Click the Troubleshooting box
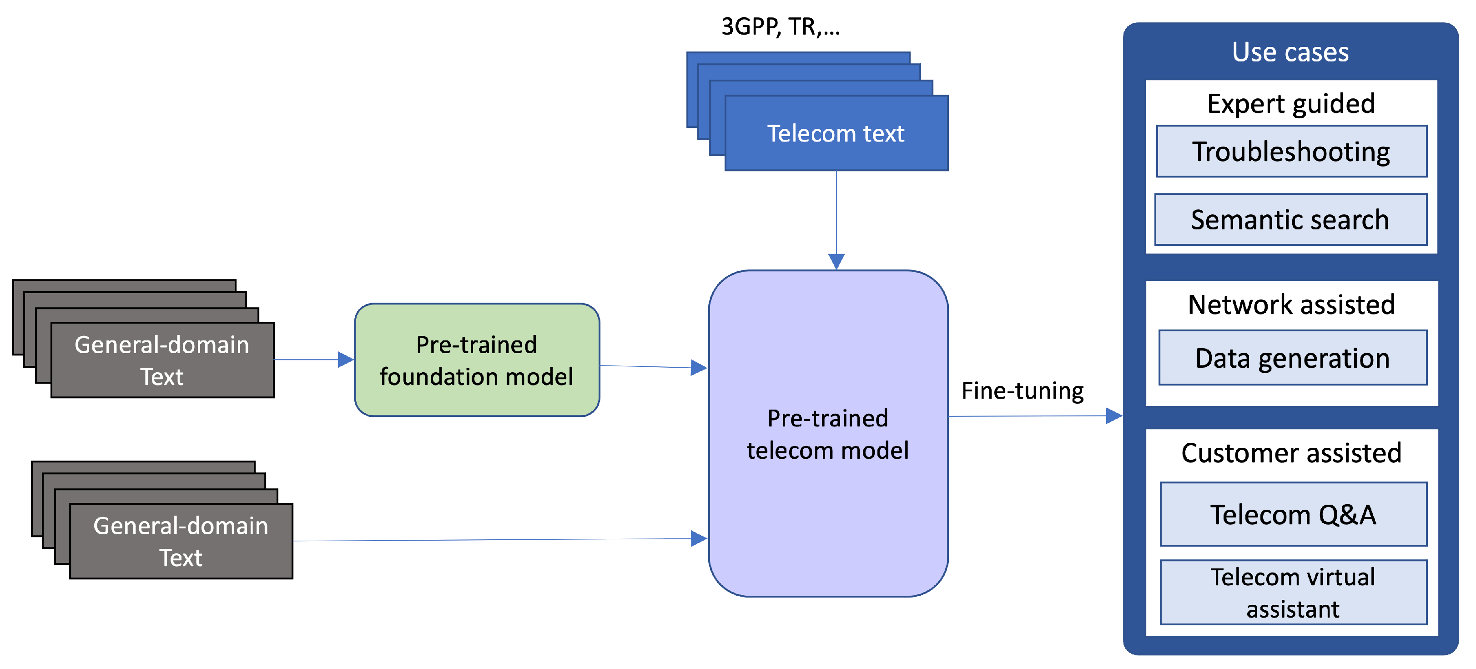tap(1291, 152)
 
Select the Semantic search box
tap(1290, 219)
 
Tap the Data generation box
tap(1292, 358)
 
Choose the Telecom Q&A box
tap(1293, 514)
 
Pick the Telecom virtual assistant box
tap(1293, 592)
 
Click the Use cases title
tap(1290, 52)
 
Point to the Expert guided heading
tap(1290, 104)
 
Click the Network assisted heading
tap(1291, 304)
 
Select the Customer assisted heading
tap(1291, 453)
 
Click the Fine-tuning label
tap(1022, 391)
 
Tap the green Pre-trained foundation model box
tap(477, 360)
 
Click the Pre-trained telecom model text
tap(827, 434)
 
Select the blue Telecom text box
tap(836, 133)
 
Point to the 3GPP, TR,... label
tap(781, 27)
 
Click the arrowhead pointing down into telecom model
tap(836, 262)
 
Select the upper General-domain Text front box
tap(162, 360)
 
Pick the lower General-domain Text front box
tap(181, 541)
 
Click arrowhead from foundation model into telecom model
tap(699, 367)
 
